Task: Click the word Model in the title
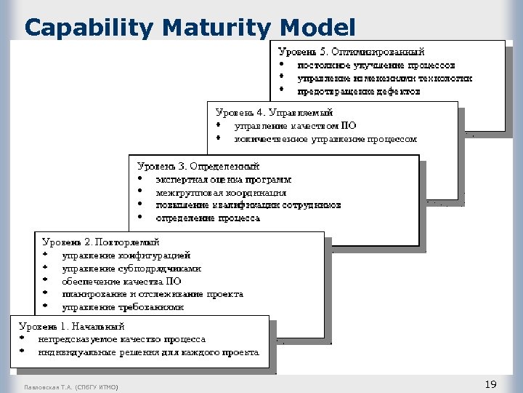pos(317,28)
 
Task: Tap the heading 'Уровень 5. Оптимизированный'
pos(352,52)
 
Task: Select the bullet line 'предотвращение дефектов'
pos(359,92)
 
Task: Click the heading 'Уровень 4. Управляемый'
pos(275,112)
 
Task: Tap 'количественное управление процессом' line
pos(325,138)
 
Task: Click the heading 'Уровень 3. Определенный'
pos(198,166)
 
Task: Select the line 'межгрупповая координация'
pos(221,193)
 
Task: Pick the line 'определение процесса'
pos(208,218)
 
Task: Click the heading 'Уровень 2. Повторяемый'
pos(101,242)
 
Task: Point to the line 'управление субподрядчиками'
pos(131,269)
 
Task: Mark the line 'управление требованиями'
pos(123,307)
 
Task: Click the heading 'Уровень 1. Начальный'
pos(72,326)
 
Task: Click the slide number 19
pos(490,384)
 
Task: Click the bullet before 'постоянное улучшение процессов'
pos(281,65)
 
